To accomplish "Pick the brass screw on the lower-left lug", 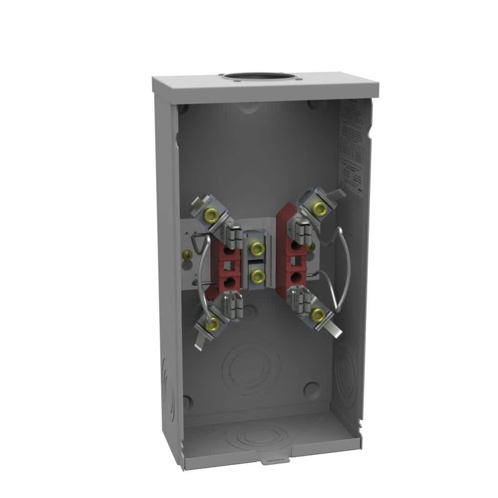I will (213, 325).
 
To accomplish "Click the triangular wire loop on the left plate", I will (198, 243).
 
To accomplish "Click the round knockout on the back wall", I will (251, 368).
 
